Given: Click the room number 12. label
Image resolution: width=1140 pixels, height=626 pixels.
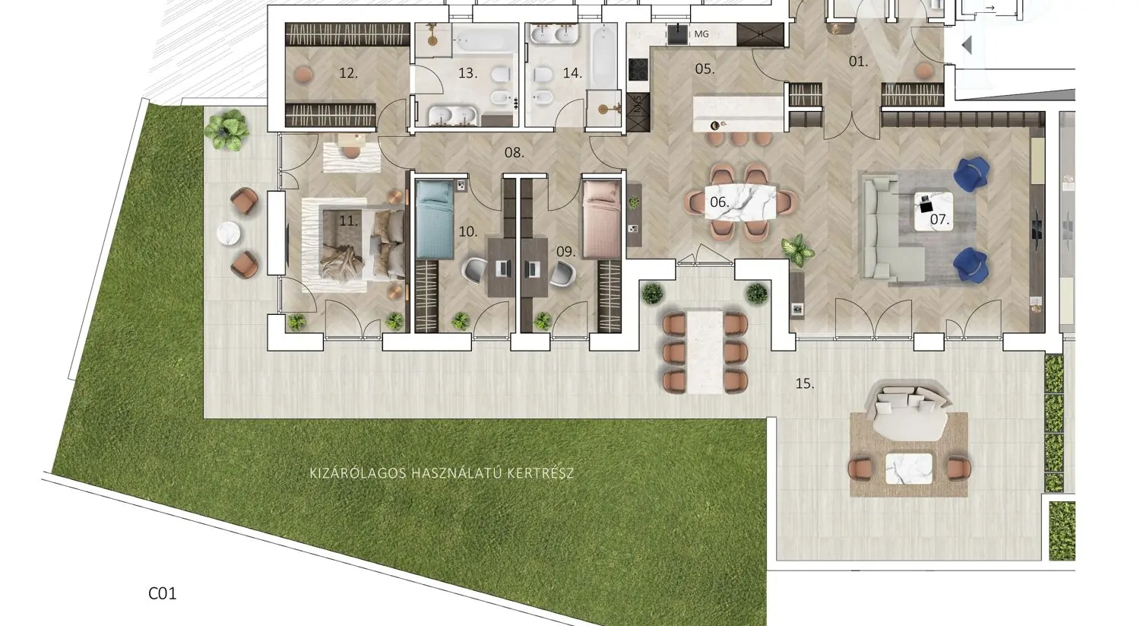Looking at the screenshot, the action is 349,73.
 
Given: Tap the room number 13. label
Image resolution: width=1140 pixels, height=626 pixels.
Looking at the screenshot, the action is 467,73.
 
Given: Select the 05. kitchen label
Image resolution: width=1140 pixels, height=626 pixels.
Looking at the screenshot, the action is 705,68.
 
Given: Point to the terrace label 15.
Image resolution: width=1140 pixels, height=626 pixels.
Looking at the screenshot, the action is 805,383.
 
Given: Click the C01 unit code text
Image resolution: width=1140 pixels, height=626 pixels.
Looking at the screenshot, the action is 163,593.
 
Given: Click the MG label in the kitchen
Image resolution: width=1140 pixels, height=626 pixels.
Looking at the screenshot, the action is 701,34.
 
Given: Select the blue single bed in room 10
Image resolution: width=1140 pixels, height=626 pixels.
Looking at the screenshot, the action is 435,220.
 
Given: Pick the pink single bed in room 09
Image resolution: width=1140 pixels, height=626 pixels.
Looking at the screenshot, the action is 602,219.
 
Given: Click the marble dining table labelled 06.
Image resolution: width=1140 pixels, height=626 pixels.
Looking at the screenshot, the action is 740,202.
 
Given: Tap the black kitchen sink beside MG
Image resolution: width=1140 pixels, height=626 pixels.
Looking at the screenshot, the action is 677,34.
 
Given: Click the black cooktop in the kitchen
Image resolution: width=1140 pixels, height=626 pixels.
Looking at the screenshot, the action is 638,70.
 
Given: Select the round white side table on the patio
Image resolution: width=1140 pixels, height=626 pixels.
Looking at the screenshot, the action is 228,234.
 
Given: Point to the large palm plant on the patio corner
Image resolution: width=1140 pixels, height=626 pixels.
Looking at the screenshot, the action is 226,130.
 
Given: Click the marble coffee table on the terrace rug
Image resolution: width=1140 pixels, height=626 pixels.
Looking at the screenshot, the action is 909,469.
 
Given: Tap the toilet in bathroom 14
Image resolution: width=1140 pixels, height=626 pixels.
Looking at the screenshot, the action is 543,75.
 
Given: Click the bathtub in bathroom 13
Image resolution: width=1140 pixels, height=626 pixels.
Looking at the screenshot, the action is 485,40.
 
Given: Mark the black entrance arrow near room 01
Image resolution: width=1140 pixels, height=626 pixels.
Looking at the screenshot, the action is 967,46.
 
